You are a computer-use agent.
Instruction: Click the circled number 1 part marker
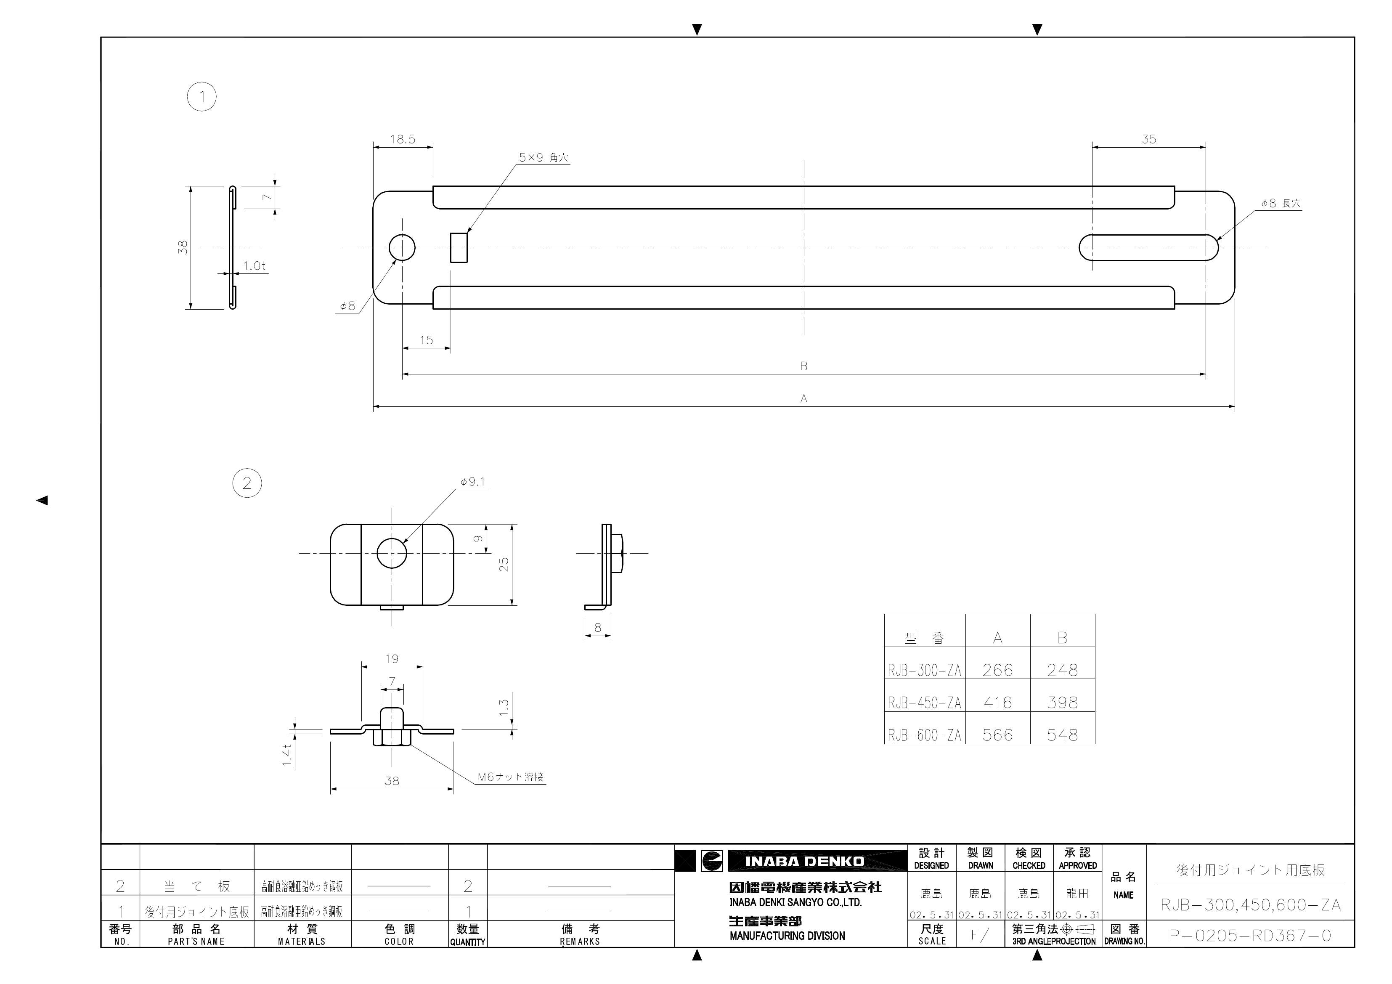coord(202,97)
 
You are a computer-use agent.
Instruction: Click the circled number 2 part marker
coord(247,483)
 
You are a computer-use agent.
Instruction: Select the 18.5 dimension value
coord(403,139)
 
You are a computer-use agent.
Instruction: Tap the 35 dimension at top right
coord(1149,139)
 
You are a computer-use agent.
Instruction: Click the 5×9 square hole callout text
coord(543,158)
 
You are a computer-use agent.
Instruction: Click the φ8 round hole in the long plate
coord(402,248)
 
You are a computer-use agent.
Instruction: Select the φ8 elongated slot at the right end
coord(1149,248)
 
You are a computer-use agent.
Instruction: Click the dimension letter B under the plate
coord(804,366)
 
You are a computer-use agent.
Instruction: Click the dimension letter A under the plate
coord(804,398)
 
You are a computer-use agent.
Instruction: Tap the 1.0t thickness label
coord(254,265)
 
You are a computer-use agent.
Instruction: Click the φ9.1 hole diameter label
coord(473,482)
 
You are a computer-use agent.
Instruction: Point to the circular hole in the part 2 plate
coord(392,553)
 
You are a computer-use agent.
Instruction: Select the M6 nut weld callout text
coord(510,777)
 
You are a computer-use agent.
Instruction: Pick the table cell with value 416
coord(997,702)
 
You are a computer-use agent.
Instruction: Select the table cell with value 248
coord(1062,670)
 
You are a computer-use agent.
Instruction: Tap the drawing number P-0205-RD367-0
coord(1250,936)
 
